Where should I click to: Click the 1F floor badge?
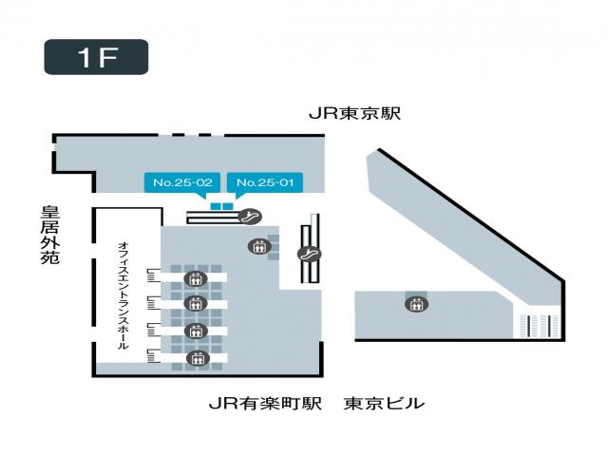(96, 57)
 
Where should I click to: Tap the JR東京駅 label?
(355, 113)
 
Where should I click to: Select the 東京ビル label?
(384, 404)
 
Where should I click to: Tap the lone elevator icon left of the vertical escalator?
(259, 247)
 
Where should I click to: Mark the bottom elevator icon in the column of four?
(198, 357)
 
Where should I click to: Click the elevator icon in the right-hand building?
(415, 304)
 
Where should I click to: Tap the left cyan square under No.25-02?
(215, 205)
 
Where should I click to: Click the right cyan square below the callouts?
(228, 205)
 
